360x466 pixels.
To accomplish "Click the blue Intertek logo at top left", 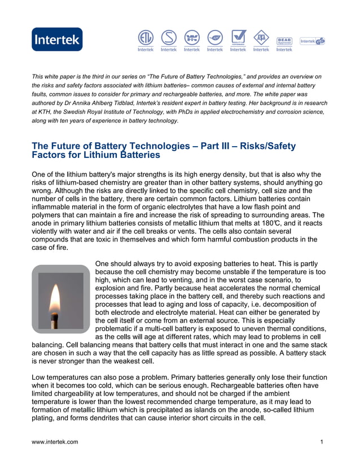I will [57, 39].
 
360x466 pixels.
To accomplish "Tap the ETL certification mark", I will [146, 37].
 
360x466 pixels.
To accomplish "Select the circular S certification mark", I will [168, 37].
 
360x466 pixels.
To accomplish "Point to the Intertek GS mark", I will [312, 41].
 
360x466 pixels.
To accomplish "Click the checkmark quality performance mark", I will [238, 37].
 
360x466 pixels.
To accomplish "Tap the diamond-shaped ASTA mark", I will [261, 37].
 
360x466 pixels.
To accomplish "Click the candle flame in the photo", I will [55, 298].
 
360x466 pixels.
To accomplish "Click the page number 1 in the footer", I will [322, 442].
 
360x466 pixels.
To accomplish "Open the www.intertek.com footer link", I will [55, 442].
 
